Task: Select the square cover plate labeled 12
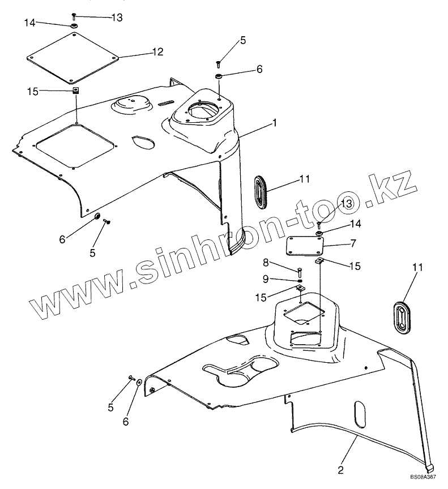point(74,57)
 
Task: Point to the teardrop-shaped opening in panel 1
point(142,141)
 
